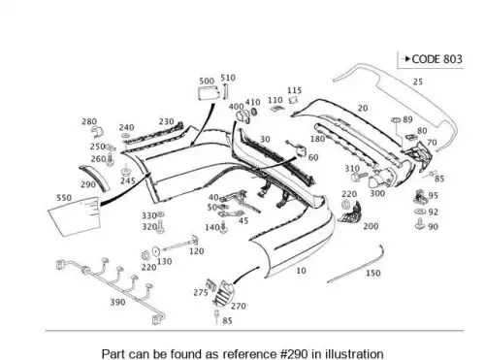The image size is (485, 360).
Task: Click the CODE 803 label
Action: (x=436, y=59)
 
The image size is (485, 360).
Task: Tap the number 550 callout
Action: (x=64, y=198)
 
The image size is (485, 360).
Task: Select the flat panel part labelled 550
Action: (x=75, y=216)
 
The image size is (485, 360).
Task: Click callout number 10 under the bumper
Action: (x=301, y=271)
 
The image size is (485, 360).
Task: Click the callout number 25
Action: (x=418, y=82)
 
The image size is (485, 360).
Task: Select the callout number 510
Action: (x=228, y=78)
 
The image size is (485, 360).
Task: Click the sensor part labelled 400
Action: (x=242, y=116)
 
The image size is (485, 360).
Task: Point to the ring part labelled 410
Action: (x=254, y=112)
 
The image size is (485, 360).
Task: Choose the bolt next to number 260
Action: (x=111, y=159)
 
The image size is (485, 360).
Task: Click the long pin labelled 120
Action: (x=180, y=245)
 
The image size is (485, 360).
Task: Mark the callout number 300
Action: (x=377, y=193)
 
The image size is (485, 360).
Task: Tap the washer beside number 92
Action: (x=420, y=212)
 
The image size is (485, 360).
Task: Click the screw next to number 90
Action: (x=420, y=224)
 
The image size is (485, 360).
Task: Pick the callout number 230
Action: (x=166, y=121)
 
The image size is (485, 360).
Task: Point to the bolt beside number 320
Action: (x=160, y=226)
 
